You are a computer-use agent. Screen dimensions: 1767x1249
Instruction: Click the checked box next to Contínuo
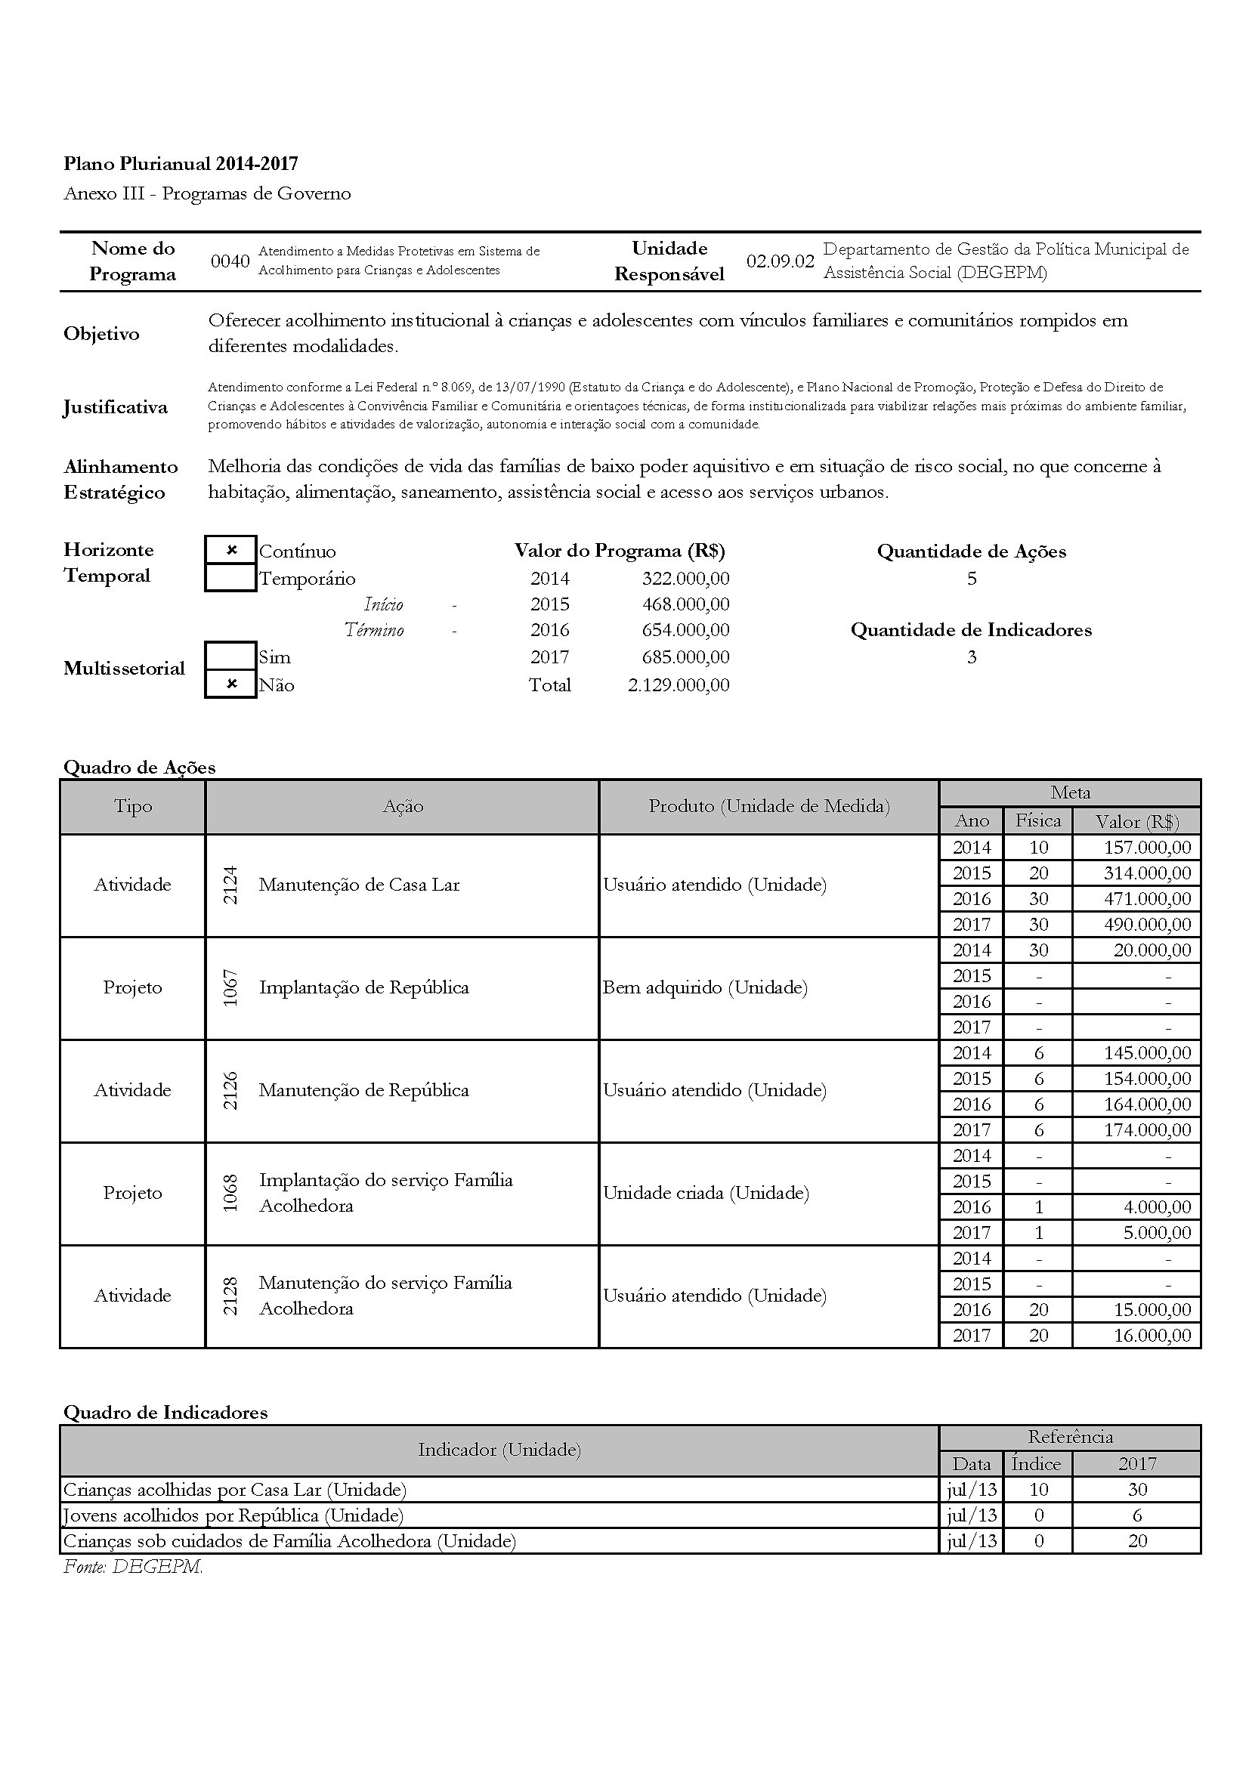point(231,550)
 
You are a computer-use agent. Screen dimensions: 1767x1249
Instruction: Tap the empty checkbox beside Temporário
point(231,578)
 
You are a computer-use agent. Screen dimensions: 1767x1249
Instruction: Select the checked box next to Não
point(231,684)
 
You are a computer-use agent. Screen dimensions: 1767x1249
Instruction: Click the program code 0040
point(230,261)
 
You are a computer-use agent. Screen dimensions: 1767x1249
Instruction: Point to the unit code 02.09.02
point(780,261)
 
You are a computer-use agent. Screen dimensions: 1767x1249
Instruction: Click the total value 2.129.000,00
point(678,685)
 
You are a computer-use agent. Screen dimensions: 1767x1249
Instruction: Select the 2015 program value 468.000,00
point(685,604)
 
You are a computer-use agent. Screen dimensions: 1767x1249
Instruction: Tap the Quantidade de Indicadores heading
point(970,630)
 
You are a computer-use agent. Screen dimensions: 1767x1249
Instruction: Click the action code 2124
point(230,885)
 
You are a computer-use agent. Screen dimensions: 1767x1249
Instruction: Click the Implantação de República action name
point(363,987)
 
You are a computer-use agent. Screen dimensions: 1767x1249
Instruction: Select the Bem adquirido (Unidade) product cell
point(705,987)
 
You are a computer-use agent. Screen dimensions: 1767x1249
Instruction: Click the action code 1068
point(230,1193)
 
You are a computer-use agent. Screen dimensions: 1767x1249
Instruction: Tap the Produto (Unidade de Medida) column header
point(768,807)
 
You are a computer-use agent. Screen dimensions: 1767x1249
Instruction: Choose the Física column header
point(1037,821)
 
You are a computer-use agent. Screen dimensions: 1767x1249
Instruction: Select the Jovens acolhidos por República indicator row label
point(233,1515)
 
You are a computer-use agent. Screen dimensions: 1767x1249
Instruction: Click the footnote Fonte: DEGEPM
point(133,1567)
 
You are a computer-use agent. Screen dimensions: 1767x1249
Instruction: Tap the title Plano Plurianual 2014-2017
point(181,164)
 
